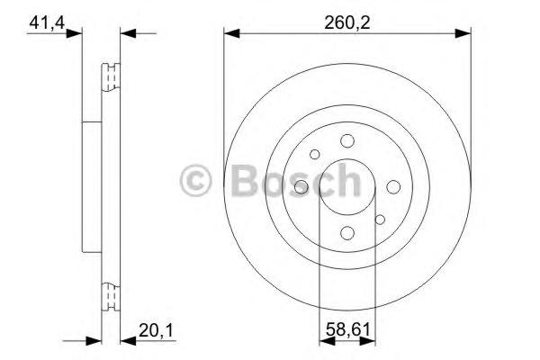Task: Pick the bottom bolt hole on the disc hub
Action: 347,233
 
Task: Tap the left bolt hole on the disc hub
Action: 301,186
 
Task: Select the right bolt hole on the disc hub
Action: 394,186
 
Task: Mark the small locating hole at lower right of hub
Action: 380,219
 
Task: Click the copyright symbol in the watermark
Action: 195,180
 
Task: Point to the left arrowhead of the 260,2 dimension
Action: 230,34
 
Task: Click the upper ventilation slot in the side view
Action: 112,78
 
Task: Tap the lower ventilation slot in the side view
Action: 112,294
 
